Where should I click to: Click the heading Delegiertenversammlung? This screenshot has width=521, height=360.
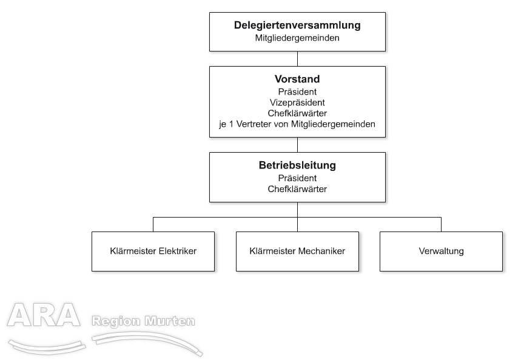click(x=297, y=25)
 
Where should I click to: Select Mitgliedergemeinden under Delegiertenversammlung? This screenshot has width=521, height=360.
click(x=297, y=38)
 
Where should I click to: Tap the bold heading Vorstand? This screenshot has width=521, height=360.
click(x=297, y=79)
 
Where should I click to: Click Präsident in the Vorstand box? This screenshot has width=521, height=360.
click(x=297, y=92)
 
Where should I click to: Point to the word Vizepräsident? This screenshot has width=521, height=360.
click(x=297, y=102)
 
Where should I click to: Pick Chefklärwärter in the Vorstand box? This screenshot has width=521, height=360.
click(x=297, y=113)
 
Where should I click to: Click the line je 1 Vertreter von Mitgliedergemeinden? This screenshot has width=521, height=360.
click(x=297, y=124)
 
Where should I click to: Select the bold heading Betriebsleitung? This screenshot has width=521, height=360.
click(x=297, y=165)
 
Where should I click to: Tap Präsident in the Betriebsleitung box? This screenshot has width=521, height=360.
click(x=297, y=178)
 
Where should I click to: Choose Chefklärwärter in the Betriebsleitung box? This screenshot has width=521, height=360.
click(x=297, y=189)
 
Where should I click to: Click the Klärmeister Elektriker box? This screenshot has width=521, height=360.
click(x=153, y=252)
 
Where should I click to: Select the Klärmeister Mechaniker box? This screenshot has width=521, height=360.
click(x=297, y=252)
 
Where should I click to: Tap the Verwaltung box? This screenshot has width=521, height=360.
click(x=442, y=252)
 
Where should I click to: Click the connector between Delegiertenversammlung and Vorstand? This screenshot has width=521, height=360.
click(x=297, y=59)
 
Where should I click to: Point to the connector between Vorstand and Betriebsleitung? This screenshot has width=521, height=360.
click(x=297, y=145)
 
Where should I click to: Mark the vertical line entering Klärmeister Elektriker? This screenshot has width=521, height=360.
click(x=153, y=224)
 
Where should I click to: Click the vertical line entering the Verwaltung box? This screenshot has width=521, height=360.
click(x=442, y=224)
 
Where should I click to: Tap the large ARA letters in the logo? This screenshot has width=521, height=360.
click(x=44, y=315)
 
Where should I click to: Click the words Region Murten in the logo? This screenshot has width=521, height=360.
click(x=143, y=321)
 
